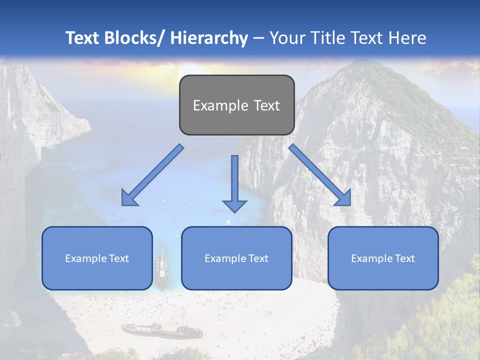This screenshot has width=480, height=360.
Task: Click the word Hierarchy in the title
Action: pyautogui.click(x=209, y=38)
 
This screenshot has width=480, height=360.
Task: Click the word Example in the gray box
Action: pyautogui.click(x=220, y=105)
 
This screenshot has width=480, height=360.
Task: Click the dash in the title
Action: pyautogui.click(x=258, y=38)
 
